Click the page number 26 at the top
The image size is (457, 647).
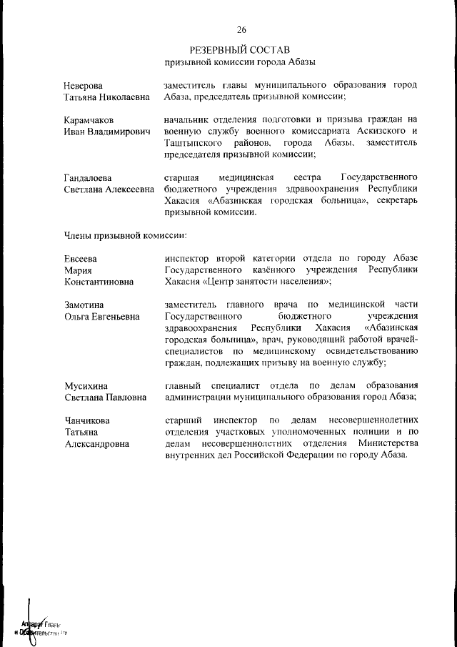click(x=241, y=29)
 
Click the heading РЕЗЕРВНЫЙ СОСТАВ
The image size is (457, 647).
click(x=240, y=50)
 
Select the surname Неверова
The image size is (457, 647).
click(x=84, y=85)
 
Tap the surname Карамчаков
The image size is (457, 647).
click(x=89, y=119)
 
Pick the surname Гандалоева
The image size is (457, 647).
click(x=89, y=177)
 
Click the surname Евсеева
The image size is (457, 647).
click(x=81, y=258)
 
